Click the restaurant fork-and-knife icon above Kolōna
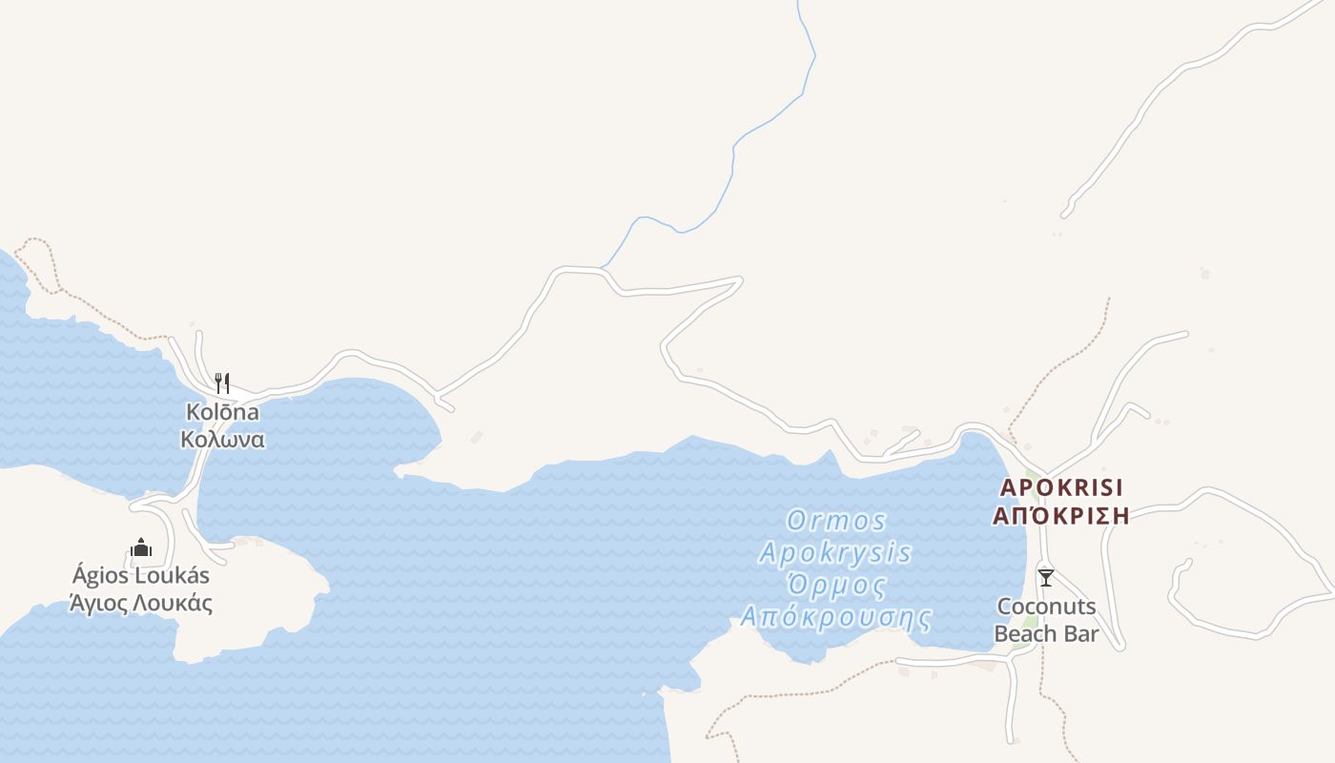point(222,383)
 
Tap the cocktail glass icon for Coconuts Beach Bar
point(1046,578)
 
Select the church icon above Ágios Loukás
point(141,547)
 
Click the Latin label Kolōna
point(222,413)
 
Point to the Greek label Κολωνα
point(222,440)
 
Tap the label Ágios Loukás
point(141,576)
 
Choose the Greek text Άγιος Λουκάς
point(141,604)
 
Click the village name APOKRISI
point(1062,488)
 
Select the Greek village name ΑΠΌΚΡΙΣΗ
point(1061,516)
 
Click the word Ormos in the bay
point(836,521)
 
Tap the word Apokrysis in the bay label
point(835,553)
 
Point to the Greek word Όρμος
point(836,585)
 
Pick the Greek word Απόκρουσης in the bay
point(835,617)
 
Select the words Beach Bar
point(1046,633)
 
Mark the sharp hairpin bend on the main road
point(739,279)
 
